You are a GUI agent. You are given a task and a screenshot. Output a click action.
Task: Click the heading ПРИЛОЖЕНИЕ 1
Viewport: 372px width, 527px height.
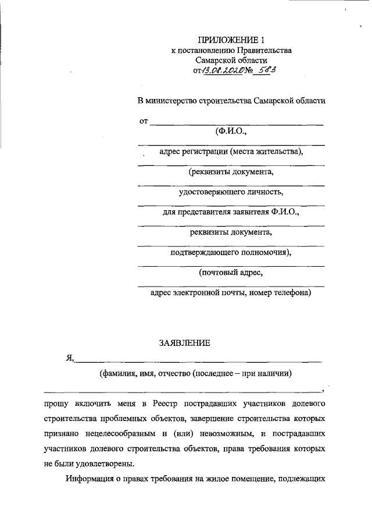(x=231, y=40)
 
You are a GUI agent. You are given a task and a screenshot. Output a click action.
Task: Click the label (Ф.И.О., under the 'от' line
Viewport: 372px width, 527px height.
(x=231, y=132)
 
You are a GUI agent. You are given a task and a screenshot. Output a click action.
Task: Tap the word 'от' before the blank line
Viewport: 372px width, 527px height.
(x=143, y=121)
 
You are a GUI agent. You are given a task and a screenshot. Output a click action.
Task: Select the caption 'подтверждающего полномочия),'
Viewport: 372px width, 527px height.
(x=231, y=252)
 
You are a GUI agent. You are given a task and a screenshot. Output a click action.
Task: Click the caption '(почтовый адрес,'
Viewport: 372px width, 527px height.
(x=231, y=272)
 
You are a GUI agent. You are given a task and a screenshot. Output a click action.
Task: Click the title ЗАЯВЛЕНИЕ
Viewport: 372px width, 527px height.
(x=184, y=343)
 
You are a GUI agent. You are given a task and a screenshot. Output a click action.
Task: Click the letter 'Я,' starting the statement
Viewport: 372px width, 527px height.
(x=70, y=359)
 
